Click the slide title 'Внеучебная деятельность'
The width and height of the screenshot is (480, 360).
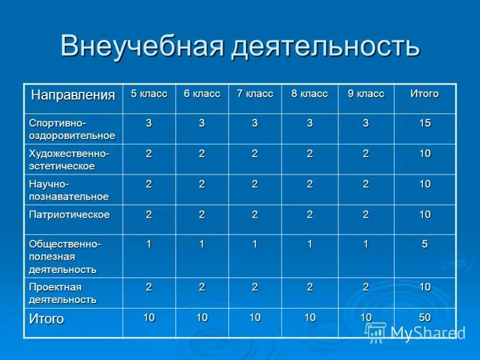coord(239,46)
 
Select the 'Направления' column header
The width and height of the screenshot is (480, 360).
coord(73,95)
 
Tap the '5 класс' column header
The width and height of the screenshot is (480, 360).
coord(149,94)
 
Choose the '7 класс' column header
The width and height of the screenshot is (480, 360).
coord(255,94)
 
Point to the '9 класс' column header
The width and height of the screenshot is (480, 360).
coord(365,94)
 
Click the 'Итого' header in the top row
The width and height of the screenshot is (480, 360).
coord(424,94)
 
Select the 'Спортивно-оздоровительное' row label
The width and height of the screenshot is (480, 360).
coord(72,129)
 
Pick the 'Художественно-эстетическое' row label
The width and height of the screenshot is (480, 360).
coord(69,160)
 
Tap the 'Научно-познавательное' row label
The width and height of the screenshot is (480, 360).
coord(68,190)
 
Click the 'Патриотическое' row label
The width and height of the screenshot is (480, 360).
coord(70,214)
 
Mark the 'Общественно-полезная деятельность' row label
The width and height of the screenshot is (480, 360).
coord(65,256)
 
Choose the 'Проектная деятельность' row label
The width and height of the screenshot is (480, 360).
coord(62,293)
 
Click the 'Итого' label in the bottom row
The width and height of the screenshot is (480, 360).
coord(46,319)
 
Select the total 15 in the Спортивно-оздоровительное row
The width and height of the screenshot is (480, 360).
coord(425,123)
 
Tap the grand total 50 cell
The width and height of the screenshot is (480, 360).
coord(425,317)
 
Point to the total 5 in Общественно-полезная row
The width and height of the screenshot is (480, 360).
coord(425,244)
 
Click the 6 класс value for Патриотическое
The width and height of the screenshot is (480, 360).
coord(202,214)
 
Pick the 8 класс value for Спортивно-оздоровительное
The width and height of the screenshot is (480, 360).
coord(310,123)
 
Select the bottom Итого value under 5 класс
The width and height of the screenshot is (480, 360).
coord(149,317)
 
